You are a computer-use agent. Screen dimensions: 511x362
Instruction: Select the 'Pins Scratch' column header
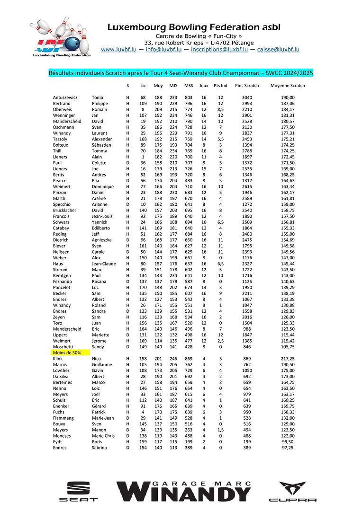[x=247, y=86]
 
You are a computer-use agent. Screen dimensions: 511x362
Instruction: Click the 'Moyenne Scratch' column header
[x=288, y=86]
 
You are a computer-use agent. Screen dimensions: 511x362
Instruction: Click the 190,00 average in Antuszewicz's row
[x=288, y=97]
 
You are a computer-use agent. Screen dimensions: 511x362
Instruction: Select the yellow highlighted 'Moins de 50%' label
[x=67, y=352]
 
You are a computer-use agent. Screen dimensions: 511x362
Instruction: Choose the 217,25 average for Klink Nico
[x=288, y=359]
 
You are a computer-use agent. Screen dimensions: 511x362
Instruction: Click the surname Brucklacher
[x=66, y=210]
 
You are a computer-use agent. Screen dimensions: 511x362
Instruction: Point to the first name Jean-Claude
[x=104, y=264]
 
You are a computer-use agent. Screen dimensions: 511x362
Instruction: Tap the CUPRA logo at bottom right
[x=292, y=492]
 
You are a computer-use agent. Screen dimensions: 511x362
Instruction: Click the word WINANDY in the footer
[x=185, y=495]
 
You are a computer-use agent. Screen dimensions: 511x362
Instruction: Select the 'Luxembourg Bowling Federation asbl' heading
[x=194, y=27]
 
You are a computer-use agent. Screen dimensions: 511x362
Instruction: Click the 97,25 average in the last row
[x=288, y=448]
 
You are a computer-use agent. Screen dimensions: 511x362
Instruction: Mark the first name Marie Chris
[x=103, y=436]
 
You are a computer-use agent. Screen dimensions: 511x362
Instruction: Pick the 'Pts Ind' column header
[x=221, y=86]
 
